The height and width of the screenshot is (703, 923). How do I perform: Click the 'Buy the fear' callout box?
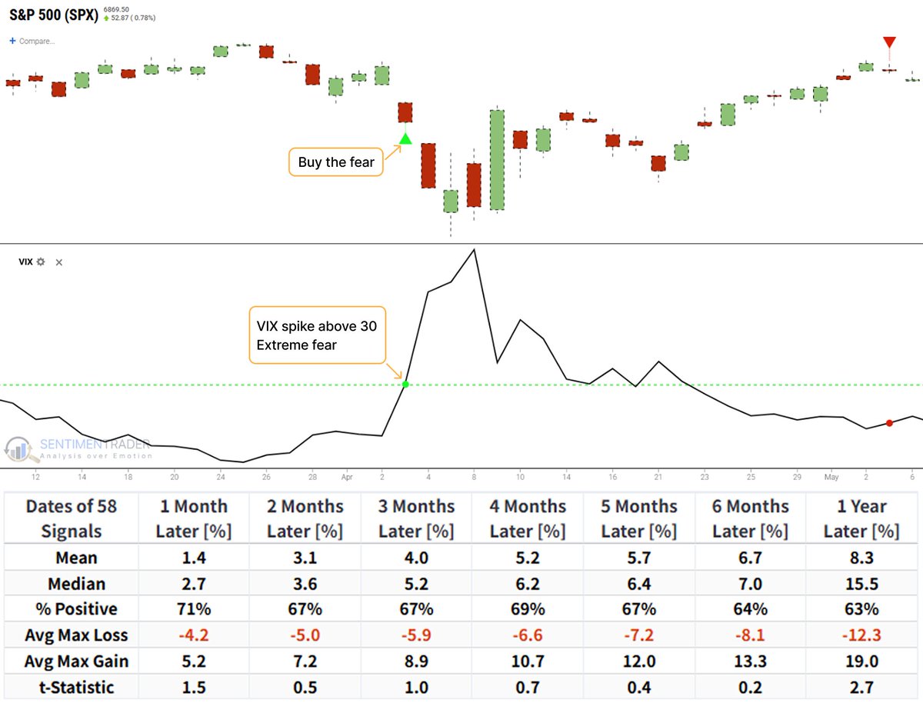(x=335, y=162)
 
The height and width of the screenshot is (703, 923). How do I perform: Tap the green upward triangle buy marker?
(x=405, y=139)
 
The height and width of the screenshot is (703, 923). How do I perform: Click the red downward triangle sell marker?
(x=889, y=42)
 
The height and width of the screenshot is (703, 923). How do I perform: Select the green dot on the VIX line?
(x=405, y=383)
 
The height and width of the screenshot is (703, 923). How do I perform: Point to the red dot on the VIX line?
(x=889, y=423)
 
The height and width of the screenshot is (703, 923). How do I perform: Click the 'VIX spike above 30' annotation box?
(x=317, y=335)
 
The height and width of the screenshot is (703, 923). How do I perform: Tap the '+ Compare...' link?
(x=32, y=40)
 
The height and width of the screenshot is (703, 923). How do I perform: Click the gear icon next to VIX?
(x=41, y=262)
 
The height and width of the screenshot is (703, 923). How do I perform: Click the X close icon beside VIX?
(x=59, y=262)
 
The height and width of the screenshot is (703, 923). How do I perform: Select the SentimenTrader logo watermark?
(x=77, y=449)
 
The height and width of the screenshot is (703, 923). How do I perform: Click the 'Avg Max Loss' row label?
(x=71, y=635)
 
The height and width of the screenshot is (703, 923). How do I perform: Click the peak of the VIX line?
(x=474, y=249)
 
